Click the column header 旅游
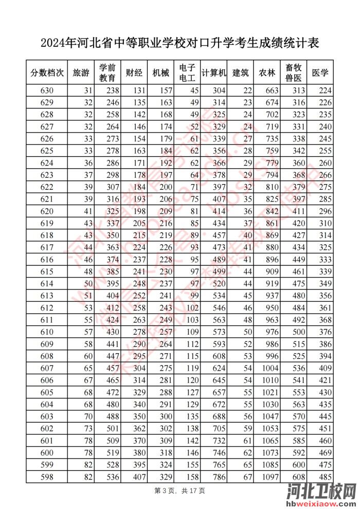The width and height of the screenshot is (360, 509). (81, 73)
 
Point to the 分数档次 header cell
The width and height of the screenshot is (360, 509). (47, 73)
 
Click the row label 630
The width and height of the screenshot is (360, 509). (47, 91)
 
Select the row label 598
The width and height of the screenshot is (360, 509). (47, 477)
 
